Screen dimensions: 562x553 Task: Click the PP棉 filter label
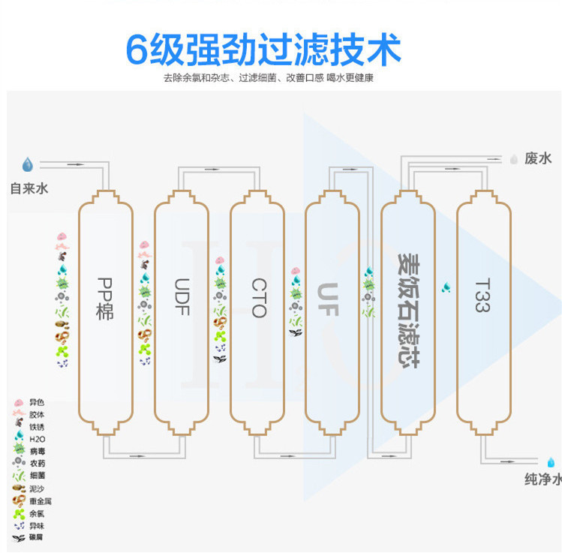(105, 299)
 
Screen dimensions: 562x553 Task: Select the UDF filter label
(182, 297)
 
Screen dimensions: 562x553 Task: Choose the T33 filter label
(482, 296)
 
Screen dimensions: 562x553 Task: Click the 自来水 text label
(29, 188)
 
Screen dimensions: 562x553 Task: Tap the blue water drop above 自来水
(28, 164)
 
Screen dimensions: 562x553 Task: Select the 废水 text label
(538, 158)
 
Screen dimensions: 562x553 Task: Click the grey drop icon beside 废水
(514, 159)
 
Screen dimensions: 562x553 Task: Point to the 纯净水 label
(542, 479)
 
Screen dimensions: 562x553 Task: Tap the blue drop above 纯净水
(551, 461)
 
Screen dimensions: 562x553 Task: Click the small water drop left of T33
(446, 287)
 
